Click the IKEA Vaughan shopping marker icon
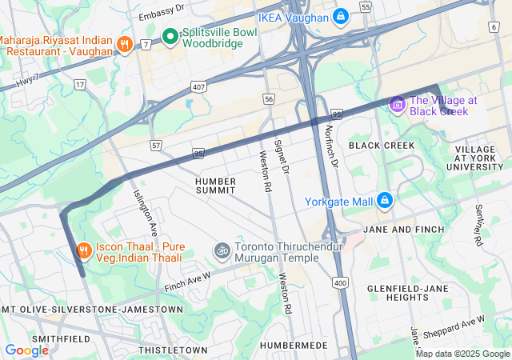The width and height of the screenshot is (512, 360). tap(341, 17)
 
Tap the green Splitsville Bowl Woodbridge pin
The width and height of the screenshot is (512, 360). tap(170, 36)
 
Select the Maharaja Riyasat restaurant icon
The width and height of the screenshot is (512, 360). tap(124, 43)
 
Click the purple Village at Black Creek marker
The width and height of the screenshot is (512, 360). tap(398, 104)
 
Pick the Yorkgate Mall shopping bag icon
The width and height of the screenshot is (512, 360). tap(385, 200)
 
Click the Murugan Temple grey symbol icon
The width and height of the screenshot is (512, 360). tap(222, 251)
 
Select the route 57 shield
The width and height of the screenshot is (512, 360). tap(156, 145)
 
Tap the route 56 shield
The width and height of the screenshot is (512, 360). tap(269, 98)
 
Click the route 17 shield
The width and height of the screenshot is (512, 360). tap(80, 83)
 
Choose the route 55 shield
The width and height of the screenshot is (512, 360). tap(366, 6)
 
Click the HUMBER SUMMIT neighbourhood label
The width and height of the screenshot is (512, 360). tap(216, 186)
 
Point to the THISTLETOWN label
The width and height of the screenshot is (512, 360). tap(173, 350)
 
